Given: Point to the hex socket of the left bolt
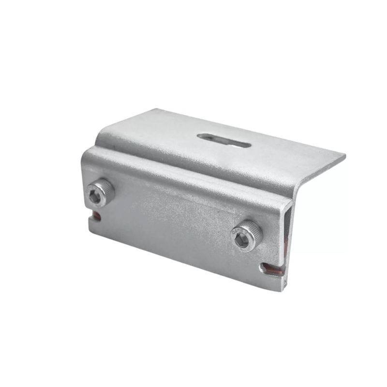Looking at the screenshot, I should [95, 196].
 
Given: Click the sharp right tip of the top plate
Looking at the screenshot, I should [344, 156].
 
